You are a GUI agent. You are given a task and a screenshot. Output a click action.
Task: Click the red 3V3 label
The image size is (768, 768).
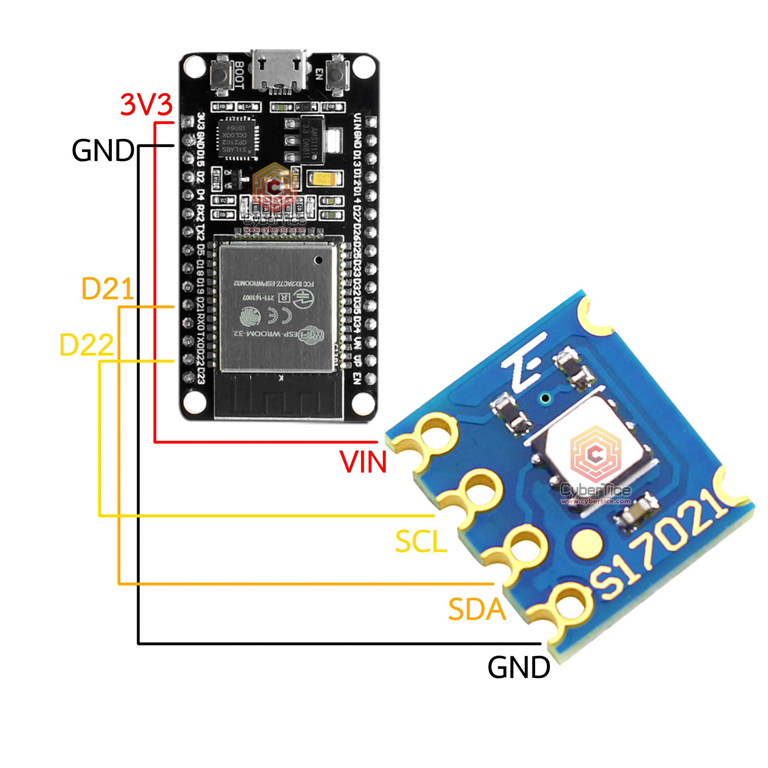(146, 104)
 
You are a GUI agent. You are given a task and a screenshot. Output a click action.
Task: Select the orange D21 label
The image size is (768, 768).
(107, 289)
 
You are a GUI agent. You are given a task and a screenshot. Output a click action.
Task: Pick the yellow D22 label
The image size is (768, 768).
(87, 345)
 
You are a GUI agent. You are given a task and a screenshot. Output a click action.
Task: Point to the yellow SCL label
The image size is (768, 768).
(421, 541)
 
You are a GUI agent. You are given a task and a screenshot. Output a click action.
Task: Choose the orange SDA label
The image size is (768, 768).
(477, 609)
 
